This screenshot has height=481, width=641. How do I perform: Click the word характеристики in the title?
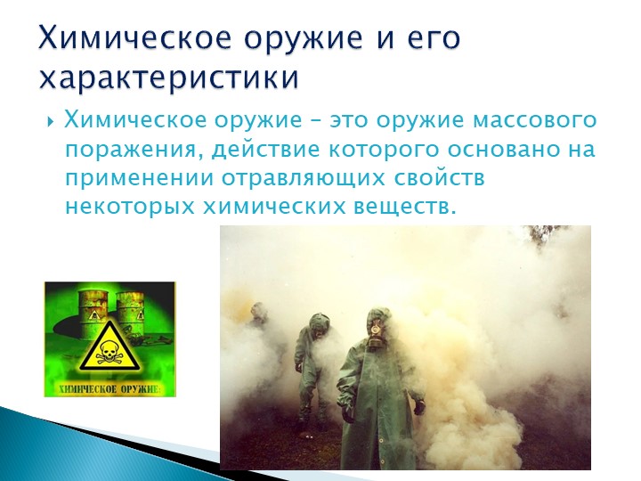[169, 77]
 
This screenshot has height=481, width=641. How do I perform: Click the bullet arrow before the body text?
[51, 121]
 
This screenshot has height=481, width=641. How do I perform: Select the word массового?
[535, 121]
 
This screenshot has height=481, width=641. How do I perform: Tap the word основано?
[502, 151]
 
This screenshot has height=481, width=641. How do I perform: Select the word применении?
[140, 180]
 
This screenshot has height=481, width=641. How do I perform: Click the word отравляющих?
[304, 180]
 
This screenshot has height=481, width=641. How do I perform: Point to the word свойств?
[440, 179]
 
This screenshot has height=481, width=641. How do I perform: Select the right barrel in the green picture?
[132, 315]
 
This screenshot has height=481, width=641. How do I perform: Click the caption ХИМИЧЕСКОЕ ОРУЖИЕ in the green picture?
[109, 388]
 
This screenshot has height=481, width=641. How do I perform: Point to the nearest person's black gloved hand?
[418, 407]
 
